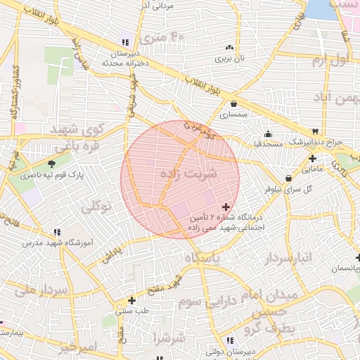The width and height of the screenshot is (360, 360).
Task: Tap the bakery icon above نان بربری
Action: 229,48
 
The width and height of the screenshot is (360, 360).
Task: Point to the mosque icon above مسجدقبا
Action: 267,134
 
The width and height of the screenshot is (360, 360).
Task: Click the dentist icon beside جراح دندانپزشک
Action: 316,131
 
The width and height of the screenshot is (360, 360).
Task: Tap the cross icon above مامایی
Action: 312,158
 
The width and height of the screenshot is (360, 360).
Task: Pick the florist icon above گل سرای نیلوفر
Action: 289,178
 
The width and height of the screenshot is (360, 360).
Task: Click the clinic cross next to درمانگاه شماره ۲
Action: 225,207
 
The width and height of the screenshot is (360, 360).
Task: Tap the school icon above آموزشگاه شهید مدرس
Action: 56,231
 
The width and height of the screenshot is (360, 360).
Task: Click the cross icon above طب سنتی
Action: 131,300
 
